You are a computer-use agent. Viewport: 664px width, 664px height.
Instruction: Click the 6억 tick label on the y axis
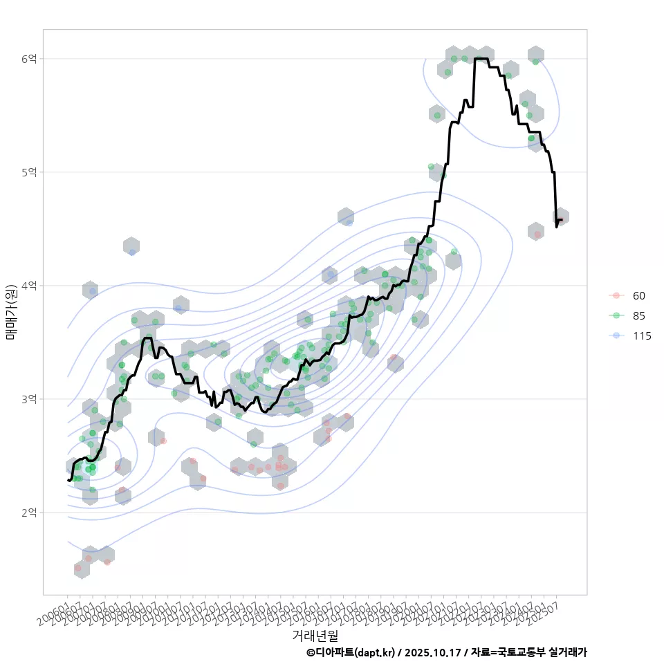coord(29,59)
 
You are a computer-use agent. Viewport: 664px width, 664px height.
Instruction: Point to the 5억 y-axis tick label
coord(29,172)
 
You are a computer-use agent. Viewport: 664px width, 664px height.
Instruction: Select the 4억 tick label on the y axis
coord(29,286)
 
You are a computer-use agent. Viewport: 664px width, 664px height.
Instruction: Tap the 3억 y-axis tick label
coord(29,399)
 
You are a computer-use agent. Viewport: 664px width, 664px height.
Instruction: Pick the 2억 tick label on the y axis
coord(29,513)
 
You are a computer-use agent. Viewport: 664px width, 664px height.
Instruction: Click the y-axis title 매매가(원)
coord(11,311)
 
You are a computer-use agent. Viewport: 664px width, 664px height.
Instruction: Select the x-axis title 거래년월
coord(315,635)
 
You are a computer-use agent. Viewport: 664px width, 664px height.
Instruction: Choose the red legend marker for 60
coord(615,295)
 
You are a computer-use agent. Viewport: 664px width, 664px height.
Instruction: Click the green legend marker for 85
coord(615,316)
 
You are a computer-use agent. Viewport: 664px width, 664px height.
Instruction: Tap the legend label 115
coord(642,336)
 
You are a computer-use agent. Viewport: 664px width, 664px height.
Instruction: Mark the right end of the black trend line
coord(562,220)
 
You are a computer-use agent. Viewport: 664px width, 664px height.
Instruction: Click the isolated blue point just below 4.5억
coord(132,252)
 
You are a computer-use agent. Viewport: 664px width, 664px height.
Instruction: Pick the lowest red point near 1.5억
coord(78,568)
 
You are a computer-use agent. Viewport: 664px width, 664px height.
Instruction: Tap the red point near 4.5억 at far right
coord(537,234)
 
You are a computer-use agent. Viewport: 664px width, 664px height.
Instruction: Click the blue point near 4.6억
coord(349,223)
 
